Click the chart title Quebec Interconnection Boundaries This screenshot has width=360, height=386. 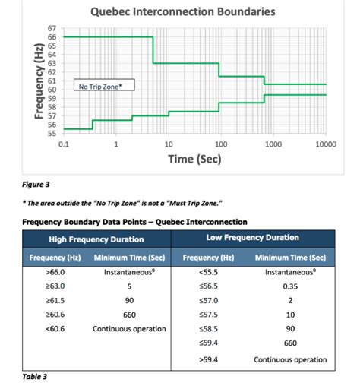click(x=182, y=12)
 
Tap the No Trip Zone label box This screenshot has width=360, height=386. click(x=106, y=87)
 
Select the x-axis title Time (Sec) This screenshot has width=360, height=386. click(x=194, y=160)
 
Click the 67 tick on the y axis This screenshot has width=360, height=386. click(x=52, y=28)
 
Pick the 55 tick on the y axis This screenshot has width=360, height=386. click(x=52, y=133)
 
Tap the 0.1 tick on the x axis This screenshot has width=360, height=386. click(x=64, y=144)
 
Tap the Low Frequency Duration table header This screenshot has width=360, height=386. click(x=252, y=239)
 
